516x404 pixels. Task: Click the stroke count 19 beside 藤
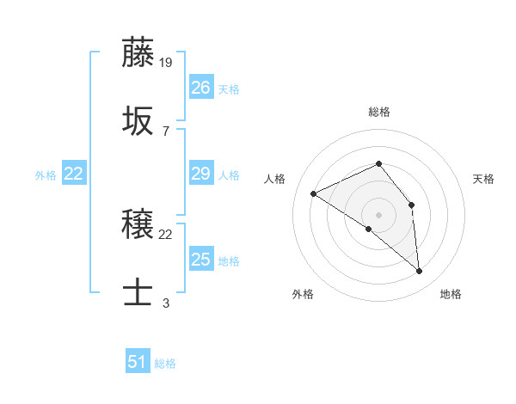[166, 63]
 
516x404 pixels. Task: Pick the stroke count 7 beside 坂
[166, 131]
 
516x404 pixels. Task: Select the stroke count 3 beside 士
[166, 303]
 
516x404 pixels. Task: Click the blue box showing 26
[200, 88]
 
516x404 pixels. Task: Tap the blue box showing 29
[200, 174]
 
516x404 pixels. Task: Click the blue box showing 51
[138, 362]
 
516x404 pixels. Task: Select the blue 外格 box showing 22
[74, 174]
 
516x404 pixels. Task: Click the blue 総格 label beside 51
[165, 364]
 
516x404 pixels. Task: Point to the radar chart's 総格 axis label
[378, 112]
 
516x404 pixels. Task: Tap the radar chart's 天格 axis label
[483, 179]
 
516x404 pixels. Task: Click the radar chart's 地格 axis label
[451, 294]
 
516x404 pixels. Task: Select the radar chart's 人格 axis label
[275, 179]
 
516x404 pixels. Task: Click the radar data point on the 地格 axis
[420, 272]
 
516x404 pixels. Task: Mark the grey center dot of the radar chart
[378, 214]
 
